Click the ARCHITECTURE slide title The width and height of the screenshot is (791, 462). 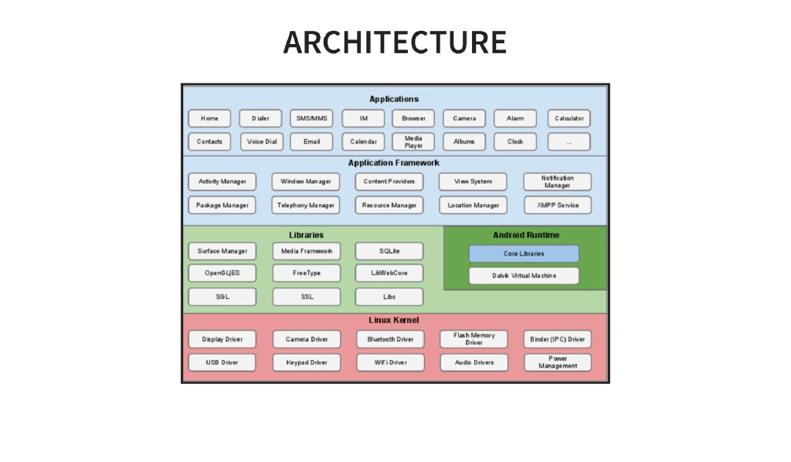click(x=395, y=42)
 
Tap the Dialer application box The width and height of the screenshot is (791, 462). click(x=260, y=118)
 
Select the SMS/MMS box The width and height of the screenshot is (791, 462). click(x=311, y=118)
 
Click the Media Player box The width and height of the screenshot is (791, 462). click(x=413, y=141)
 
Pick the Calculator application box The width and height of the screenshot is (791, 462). click(x=569, y=118)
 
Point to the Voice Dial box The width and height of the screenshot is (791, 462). click(x=261, y=141)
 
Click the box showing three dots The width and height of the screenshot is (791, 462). click(x=569, y=141)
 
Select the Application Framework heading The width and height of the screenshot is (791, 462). click(x=394, y=163)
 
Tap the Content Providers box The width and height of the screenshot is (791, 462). click(x=389, y=182)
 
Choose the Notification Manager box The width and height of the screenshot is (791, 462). click(x=557, y=182)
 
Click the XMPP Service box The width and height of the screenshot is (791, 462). click(x=557, y=205)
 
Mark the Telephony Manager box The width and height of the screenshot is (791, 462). click(x=306, y=205)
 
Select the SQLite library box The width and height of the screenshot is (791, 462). click(x=389, y=251)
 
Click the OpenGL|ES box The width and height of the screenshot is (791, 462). click(x=222, y=273)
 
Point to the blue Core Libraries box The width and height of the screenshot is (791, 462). click(x=524, y=253)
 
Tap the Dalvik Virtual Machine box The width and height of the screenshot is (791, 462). click(x=524, y=275)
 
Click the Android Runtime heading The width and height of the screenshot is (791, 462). click(x=526, y=235)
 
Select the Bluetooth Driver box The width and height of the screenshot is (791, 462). click(x=390, y=339)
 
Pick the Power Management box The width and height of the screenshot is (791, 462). click(x=557, y=362)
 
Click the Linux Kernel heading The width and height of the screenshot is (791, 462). click(x=394, y=320)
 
